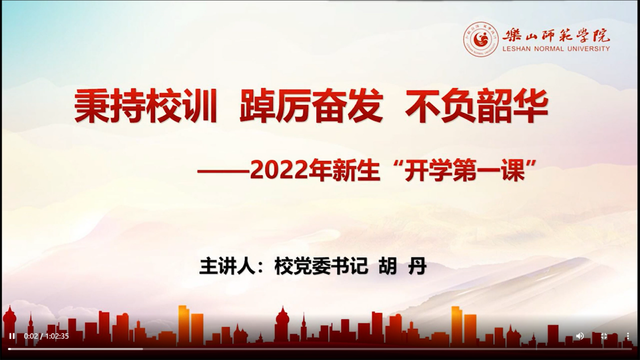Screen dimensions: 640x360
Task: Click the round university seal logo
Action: coord(481,40)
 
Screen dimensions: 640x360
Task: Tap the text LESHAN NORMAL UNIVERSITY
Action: coord(556,49)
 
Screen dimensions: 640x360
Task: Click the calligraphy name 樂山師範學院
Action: coord(556,35)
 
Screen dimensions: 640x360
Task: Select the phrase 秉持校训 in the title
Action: coord(146,107)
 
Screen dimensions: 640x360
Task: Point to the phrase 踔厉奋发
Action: coord(311,107)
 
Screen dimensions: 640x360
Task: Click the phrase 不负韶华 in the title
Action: coord(476,107)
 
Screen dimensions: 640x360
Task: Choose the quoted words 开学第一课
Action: coord(465,170)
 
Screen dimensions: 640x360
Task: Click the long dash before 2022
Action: coord(223,171)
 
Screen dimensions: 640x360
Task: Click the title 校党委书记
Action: coord(321,266)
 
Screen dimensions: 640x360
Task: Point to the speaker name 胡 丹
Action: coord(403,266)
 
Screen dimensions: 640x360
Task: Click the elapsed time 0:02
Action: coord(31,336)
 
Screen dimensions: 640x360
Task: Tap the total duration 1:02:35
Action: coord(57,336)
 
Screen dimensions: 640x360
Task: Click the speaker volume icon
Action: coord(580,336)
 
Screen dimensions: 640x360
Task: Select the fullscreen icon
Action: coord(604,336)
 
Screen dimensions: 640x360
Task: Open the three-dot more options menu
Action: coord(628,336)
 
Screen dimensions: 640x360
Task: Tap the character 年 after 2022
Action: coord(320,170)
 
